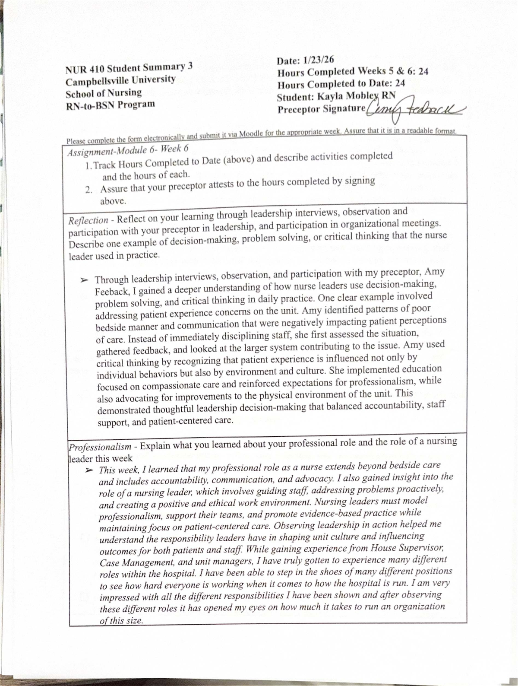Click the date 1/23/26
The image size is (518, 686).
point(319,60)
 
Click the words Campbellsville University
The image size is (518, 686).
point(120,81)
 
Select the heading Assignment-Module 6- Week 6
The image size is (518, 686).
point(128,151)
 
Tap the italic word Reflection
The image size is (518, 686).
point(88,220)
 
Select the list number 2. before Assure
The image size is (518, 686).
point(89,190)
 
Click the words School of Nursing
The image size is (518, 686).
point(104,93)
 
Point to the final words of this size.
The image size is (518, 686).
point(121,621)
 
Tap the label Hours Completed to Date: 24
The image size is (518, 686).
point(341,84)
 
